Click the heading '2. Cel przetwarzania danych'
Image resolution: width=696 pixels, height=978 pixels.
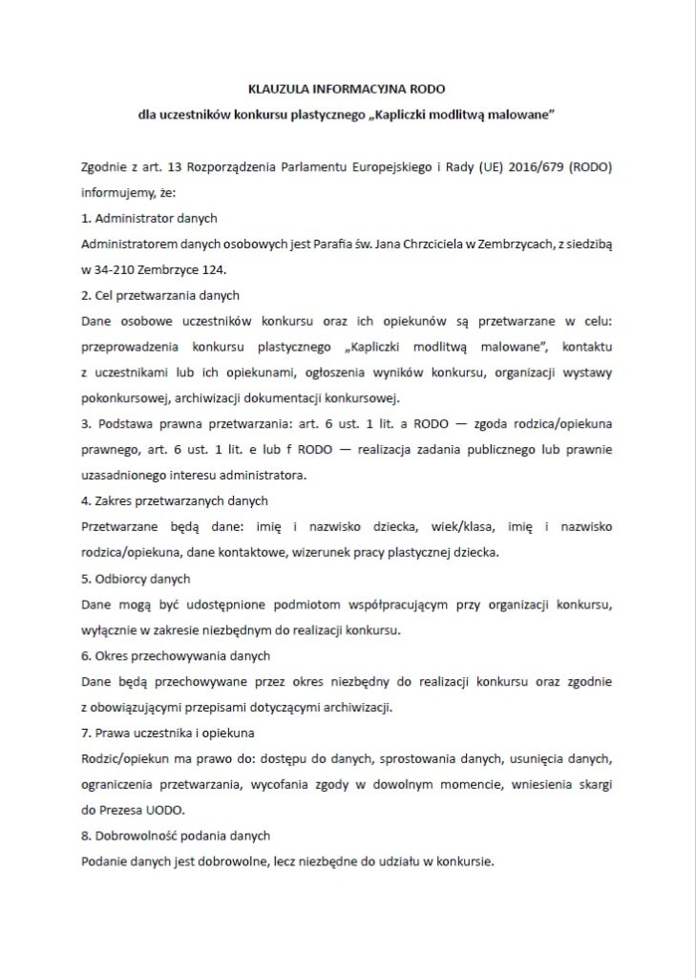point(160,295)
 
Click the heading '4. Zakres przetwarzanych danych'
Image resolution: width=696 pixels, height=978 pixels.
point(175,500)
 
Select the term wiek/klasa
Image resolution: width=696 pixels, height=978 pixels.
point(430,526)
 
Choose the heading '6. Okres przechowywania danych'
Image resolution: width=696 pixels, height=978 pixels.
point(176,655)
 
